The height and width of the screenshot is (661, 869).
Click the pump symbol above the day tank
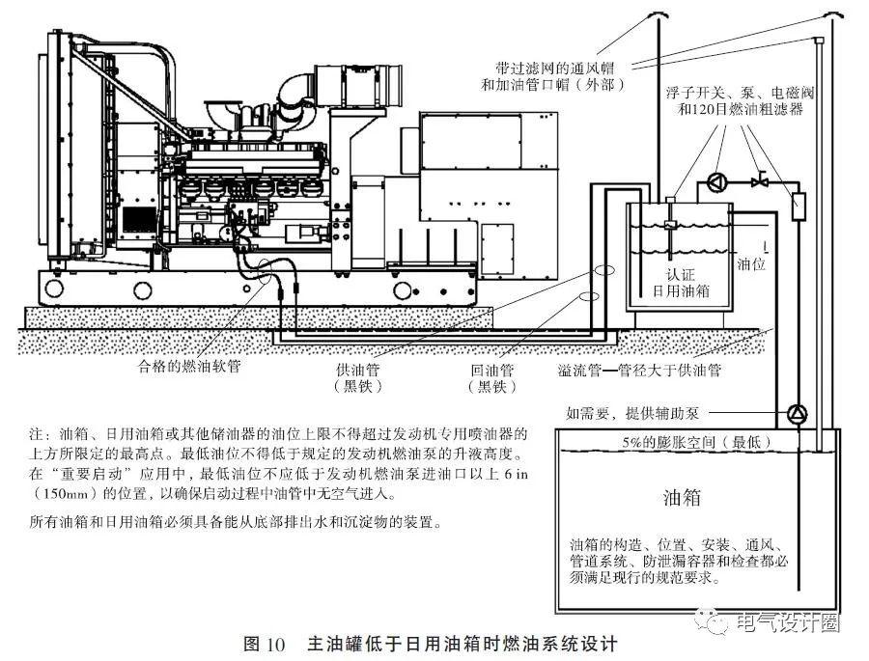715,180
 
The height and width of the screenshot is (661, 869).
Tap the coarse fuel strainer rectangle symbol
798,206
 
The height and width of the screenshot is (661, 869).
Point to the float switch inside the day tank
670,224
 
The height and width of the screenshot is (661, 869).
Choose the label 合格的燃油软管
189,368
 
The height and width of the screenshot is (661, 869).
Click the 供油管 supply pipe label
357,371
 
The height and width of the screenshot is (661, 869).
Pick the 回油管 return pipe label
492,371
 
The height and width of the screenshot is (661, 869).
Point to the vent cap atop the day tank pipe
659,15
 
